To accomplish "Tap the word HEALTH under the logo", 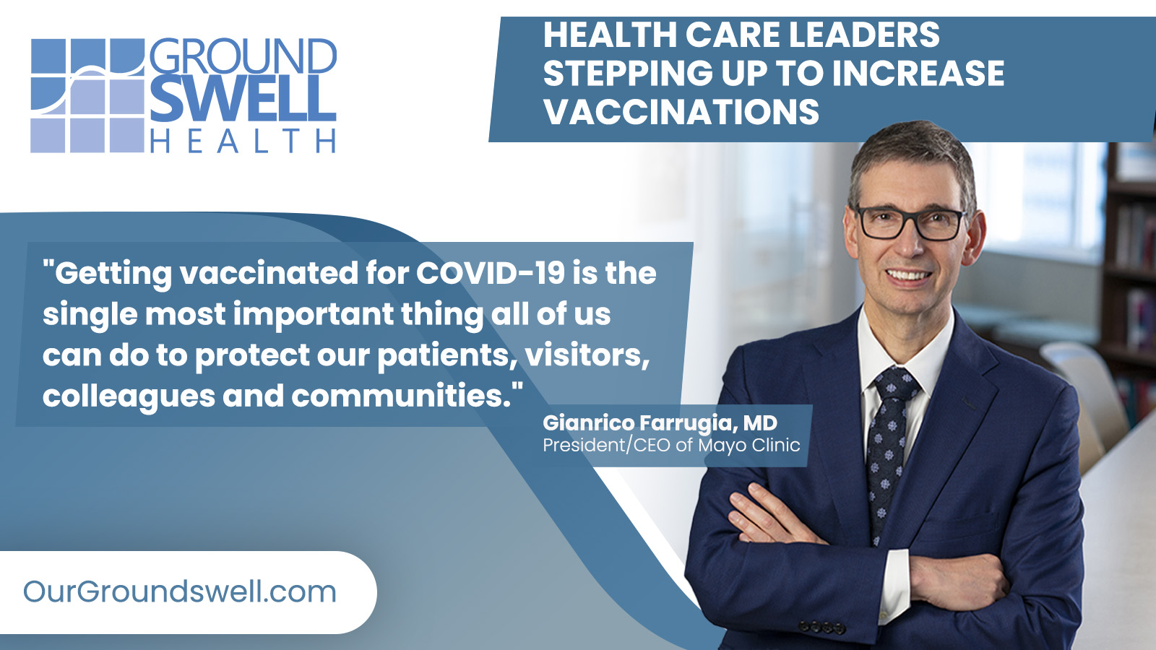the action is pos(243,140).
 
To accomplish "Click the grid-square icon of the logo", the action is pos(87,95).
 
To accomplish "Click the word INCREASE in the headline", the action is pos(918,73).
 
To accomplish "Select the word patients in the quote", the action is pos(447,356).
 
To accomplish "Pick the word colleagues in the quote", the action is pos(129,397).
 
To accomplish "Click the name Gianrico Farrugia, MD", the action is pos(660,423).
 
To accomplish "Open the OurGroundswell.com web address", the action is pos(180,591).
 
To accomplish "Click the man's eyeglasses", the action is pos(911,223).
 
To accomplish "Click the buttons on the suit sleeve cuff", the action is pos(823,628).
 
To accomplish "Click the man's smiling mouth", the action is pos(908,275).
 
